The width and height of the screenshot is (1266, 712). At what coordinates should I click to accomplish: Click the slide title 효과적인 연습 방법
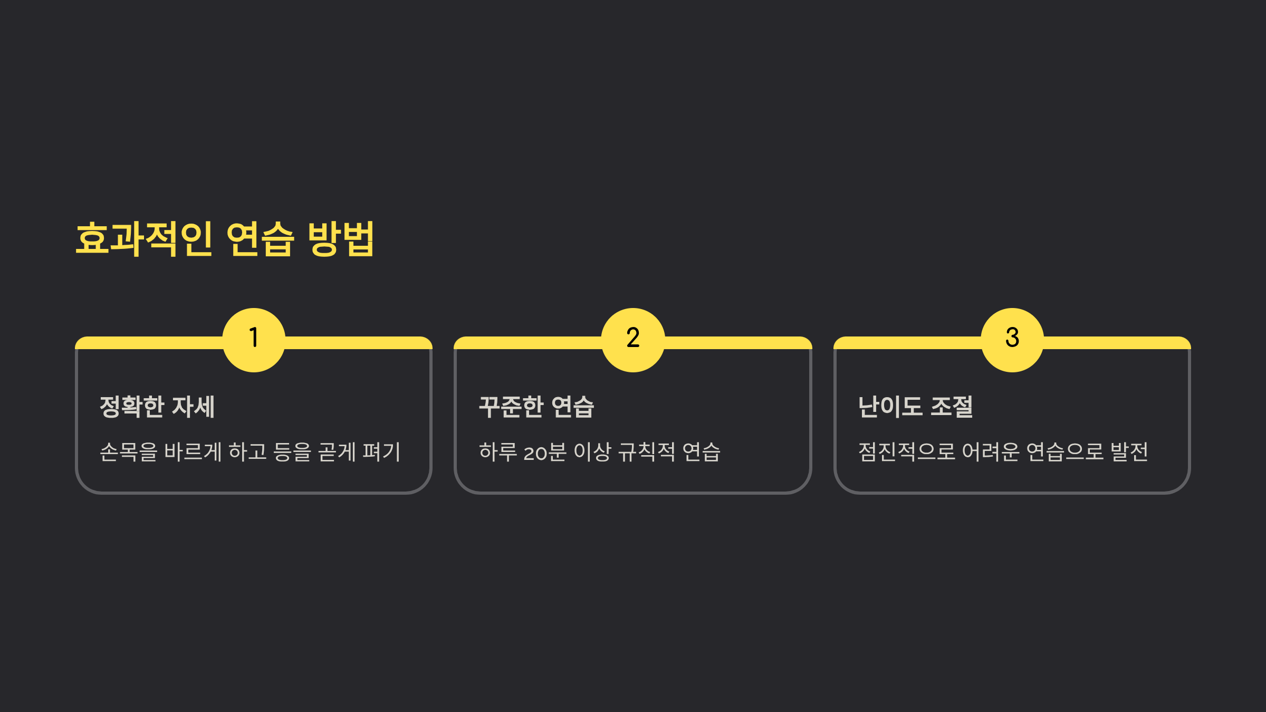(225, 239)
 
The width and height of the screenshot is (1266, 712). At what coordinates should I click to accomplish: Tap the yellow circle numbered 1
(254, 340)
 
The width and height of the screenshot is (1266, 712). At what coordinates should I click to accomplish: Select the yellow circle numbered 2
(632, 340)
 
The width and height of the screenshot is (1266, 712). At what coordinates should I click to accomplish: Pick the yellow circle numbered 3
(1012, 340)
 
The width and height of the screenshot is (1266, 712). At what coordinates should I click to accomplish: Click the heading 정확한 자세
(157, 407)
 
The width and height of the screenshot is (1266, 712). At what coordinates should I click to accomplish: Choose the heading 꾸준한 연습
(536, 407)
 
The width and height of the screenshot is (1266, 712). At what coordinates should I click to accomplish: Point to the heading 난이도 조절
(915, 407)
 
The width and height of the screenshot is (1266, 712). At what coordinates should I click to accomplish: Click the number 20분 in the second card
(545, 453)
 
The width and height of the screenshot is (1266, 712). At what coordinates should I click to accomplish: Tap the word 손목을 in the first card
(129, 452)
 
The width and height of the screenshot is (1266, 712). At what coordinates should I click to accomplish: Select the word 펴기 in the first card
(381, 452)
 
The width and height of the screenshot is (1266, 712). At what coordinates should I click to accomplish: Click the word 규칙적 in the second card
(646, 452)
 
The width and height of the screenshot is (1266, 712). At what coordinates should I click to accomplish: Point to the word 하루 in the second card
(498, 452)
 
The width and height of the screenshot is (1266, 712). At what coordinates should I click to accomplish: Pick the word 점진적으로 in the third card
(907, 452)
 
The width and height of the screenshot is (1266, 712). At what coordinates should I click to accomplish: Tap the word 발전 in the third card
(1129, 452)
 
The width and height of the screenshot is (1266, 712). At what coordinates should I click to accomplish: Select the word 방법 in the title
(341, 239)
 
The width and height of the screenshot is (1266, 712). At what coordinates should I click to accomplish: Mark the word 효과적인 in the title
(144, 239)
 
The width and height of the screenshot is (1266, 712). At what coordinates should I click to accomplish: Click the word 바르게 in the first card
(193, 452)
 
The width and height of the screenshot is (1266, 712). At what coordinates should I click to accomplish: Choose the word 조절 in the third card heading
(952, 407)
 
